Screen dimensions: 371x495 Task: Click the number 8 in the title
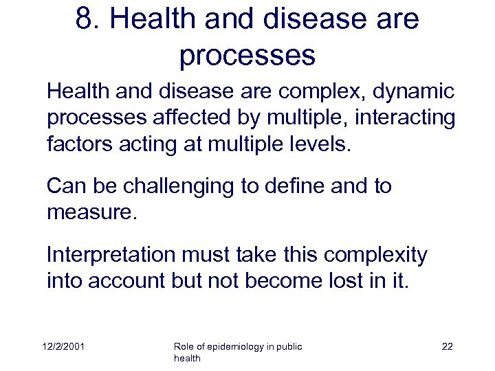click(x=85, y=20)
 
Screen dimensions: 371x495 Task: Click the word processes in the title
click(x=247, y=55)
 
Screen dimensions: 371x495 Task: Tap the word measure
click(x=92, y=212)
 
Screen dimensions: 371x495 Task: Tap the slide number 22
click(x=447, y=347)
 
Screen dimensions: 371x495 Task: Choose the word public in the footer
click(x=289, y=347)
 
